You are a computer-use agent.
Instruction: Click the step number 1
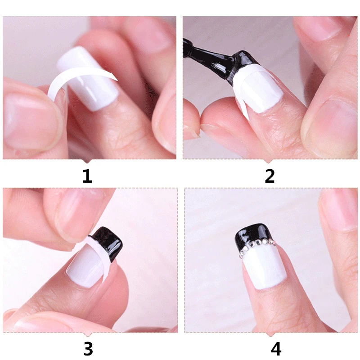(87, 175)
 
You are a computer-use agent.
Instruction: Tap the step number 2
(270, 175)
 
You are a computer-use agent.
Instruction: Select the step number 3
(88, 348)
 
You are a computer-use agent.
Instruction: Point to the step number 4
(275, 348)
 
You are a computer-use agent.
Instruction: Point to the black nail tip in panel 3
(108, 243)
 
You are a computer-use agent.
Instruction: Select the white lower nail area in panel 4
(263, 270)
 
